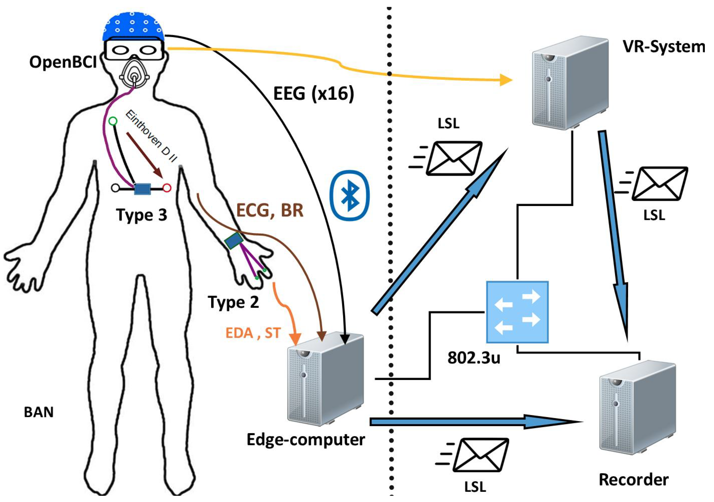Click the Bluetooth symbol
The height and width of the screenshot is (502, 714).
(x=350, y=195)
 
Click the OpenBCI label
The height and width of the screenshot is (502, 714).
(x=63, y=62)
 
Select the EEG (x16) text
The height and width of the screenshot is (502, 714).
(x=313, y=93)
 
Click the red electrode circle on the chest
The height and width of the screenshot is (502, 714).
(x=167, y=188)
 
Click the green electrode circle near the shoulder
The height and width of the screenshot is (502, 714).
(x=113, y=121)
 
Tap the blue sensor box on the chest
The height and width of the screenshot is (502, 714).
(x=142, y=189)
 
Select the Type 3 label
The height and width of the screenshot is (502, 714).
(x=142, y=215)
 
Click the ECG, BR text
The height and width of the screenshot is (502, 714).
(x=270, y=211)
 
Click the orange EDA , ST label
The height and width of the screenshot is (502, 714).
(x=253, y=333)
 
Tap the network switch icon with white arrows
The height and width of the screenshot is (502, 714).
(x=517, y=312)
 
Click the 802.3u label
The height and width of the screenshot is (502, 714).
(x=474, y=358)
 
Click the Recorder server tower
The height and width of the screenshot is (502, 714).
(x=637, y=407)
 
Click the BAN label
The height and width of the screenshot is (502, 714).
(x=39, y=412)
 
